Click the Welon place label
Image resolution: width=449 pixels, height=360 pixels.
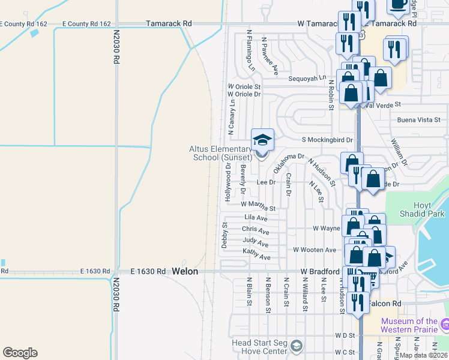184,271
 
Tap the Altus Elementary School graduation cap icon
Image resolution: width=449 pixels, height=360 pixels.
262,140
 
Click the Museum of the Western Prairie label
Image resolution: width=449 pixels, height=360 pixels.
411,325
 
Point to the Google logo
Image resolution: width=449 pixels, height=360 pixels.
20,352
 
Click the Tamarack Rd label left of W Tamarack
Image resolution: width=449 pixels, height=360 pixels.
170,23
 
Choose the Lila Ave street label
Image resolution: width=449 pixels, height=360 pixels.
256,218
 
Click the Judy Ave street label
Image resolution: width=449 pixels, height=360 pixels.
256,242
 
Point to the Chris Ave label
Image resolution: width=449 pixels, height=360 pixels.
256,229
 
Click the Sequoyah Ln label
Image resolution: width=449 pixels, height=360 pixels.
307,78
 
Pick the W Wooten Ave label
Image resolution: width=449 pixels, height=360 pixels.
315,250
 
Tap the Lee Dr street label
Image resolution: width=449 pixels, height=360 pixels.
265,182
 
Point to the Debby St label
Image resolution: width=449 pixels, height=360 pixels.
224,235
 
